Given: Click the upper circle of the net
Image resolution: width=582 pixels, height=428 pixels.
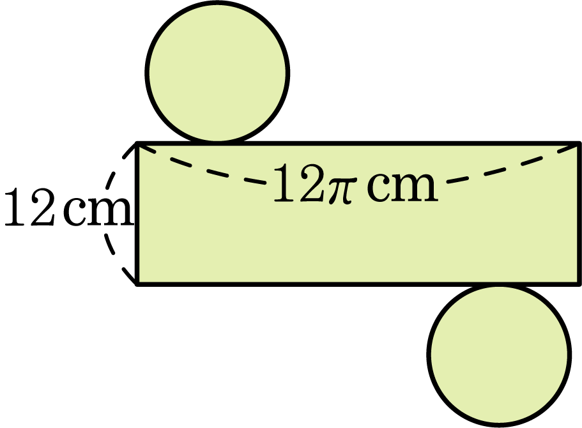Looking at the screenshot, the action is (217, 72).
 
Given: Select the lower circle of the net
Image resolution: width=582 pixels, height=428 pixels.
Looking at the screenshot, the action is (499, 355).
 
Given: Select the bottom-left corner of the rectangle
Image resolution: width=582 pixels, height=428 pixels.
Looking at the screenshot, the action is (138, 284).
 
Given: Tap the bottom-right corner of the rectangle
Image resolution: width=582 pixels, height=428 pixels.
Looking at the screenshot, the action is (579, 284).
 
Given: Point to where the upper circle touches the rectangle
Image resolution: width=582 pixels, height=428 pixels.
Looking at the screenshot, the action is (217, 143).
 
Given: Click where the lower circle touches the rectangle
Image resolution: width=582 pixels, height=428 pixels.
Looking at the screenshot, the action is (499, 285).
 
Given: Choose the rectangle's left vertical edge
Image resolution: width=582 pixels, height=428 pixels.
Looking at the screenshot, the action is (138, 214).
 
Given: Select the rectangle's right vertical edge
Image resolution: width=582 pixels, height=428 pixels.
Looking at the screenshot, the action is (579, 214).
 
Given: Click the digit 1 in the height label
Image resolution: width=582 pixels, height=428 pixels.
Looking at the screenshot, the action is (15, 206).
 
